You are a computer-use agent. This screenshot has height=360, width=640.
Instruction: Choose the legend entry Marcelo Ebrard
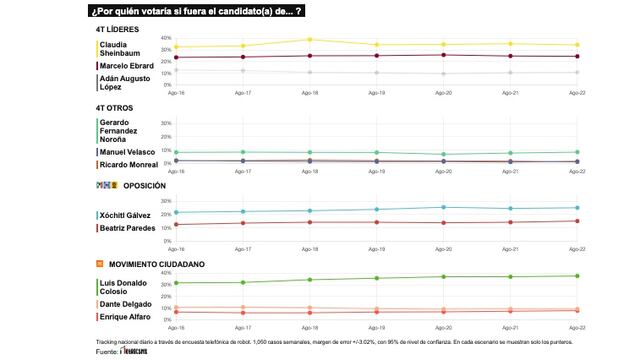click(x=127, y=66)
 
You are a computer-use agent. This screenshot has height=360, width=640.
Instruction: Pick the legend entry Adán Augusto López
click(x=124, y=82)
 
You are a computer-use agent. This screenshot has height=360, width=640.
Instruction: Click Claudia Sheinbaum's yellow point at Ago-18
click(x=310, y=40)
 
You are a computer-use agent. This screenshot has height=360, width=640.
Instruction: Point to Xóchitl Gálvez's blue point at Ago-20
click(x=443, y=207)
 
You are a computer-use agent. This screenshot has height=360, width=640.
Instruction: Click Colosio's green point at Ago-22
click(x=576, y=276)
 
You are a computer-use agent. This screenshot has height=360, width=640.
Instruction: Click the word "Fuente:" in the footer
click(x=106, y=351)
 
